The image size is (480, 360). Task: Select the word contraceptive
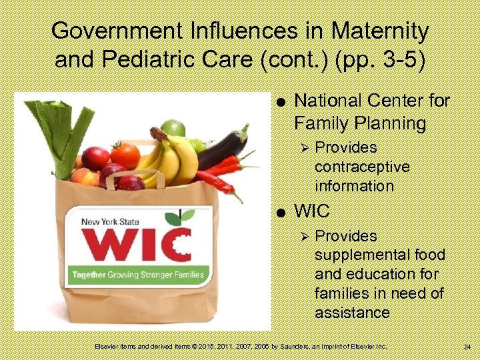coord(362,167)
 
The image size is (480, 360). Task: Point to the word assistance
coord(353,313)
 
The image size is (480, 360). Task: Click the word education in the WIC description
coord(376,275)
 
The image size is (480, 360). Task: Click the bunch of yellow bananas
coord(171,157)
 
